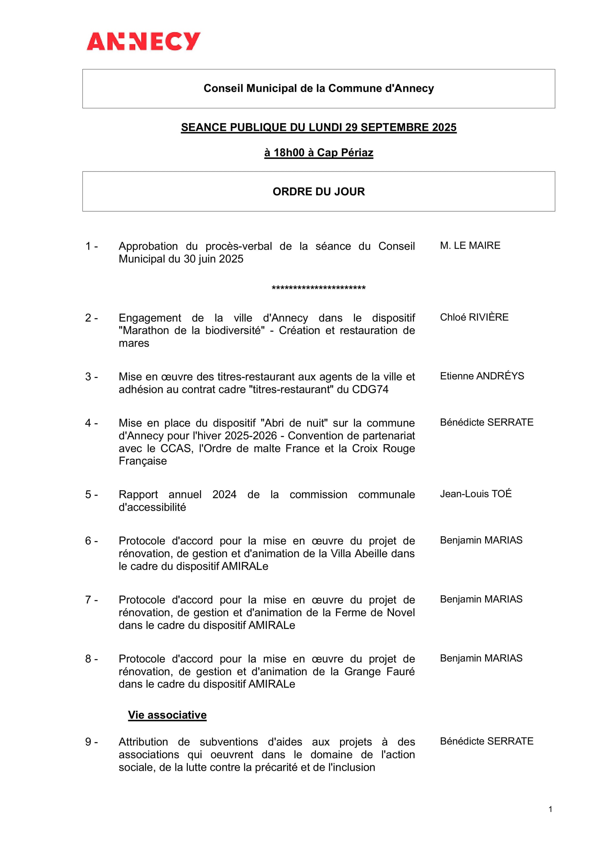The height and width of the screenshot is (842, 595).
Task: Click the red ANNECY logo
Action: [143, 41]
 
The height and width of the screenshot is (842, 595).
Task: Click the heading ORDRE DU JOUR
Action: [319, 191]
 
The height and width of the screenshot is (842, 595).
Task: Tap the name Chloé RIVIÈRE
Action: [474, 317]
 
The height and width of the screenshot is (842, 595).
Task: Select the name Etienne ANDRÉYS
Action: [482, 376]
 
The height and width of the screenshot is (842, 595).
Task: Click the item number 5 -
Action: [91, 494]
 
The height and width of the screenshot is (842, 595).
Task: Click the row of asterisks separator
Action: [319, 288]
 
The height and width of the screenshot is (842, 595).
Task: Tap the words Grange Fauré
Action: [379, 671]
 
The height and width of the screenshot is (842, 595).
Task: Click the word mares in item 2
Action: [134, 343]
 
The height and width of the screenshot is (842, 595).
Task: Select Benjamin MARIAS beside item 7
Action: [481, 599]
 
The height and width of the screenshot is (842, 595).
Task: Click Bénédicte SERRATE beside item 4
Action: [486, 422]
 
